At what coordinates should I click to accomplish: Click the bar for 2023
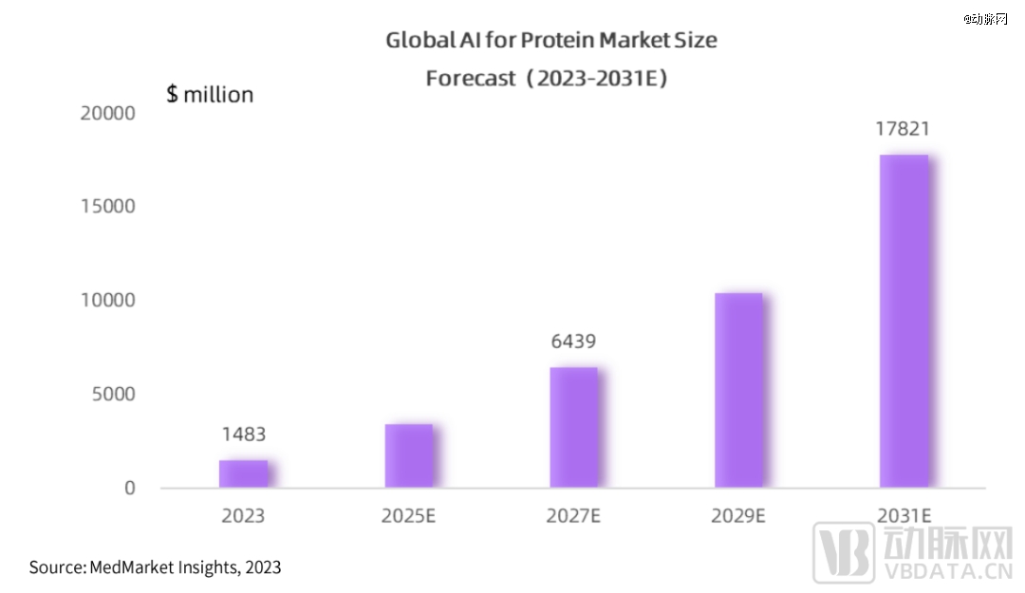point(243,474)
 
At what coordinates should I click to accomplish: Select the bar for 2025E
point(409,456)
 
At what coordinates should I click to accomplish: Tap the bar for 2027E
point(574,428)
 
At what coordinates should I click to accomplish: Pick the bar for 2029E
point(738,391)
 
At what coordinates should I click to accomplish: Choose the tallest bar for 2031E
point(904,322)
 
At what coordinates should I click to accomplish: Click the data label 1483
point(244,435)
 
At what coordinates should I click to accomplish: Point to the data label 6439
point(573,342)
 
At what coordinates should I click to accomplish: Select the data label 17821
point(903,128)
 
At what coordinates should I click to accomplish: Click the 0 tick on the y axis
point(129,488)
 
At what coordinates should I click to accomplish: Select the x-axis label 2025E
point(409,516)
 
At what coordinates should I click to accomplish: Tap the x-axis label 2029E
point(738,516)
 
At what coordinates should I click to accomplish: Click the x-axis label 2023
point(244,516)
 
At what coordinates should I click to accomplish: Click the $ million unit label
point(210,95)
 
